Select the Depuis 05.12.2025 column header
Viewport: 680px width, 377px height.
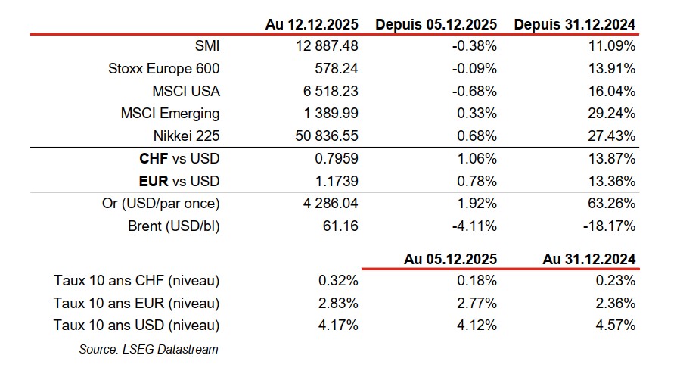coord(436,24)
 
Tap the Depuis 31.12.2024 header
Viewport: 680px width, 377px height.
coord(574,24)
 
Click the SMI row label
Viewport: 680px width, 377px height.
coord(206,46)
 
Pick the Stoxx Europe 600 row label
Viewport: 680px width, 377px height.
coord(164,69)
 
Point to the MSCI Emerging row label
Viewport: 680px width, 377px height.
coord(170,114)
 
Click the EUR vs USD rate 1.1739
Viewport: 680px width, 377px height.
coord(336,182)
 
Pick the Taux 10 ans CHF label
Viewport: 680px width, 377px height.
coord(137,281)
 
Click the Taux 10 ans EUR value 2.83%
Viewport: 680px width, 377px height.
coord(339,304)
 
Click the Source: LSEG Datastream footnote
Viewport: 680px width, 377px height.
coord(148,349)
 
